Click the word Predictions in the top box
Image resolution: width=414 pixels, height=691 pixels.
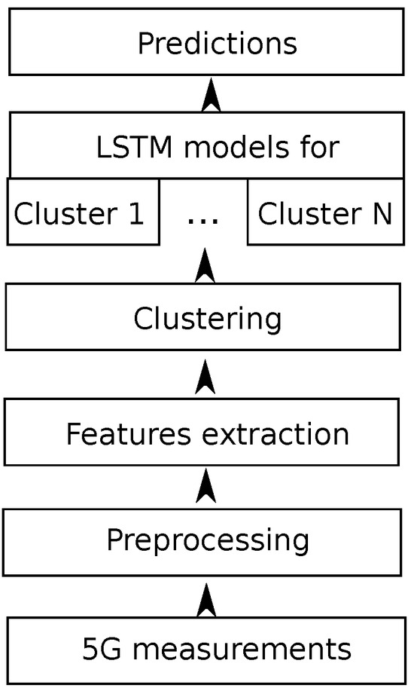tap(217, 44)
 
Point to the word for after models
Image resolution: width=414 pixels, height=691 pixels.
tap(318, 147)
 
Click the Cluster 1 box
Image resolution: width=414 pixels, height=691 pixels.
tap(82, 212)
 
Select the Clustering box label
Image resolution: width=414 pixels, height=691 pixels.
tap(207, 319)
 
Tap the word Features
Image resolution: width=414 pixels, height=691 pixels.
tap(114, 434)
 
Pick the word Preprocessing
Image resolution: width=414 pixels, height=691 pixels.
tap(207, 540)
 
